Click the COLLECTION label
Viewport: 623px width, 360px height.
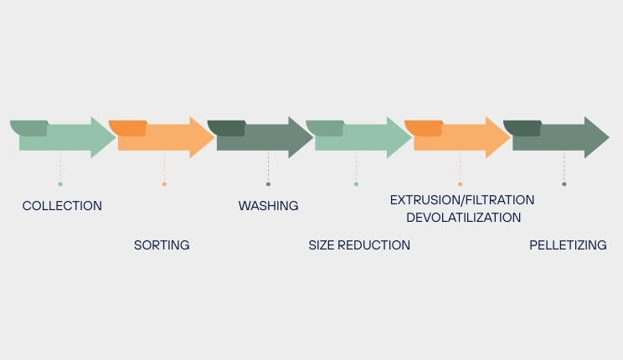click(x=62, y=206)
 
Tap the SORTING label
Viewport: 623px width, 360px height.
click(x=162, y=245)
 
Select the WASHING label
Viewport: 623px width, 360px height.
click(x=268, y=206)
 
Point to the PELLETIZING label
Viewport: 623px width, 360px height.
click(x=568, y=245)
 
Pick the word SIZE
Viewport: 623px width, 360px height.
click(x=322, y=245)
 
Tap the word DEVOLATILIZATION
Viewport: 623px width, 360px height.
click(x=463, y=218)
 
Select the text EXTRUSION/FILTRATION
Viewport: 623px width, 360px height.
click(x=462, y=200)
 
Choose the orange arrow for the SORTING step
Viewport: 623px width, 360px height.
click(x=165, y=138)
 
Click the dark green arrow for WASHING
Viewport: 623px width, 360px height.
click(x=264, y=138)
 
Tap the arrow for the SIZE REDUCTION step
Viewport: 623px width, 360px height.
click(x=362, y=138)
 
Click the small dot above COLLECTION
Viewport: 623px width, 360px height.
click(x=60, y=184)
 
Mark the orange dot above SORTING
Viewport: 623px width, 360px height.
click(x=164, y=184)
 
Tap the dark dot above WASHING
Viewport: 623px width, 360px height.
click(x=268, y=184)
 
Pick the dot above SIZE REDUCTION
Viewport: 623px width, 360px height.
click(x=356, y=184)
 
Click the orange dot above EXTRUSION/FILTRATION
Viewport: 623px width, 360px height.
click(x=460, y=184)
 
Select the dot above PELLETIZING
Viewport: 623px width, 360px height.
click(x=564, y=184)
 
